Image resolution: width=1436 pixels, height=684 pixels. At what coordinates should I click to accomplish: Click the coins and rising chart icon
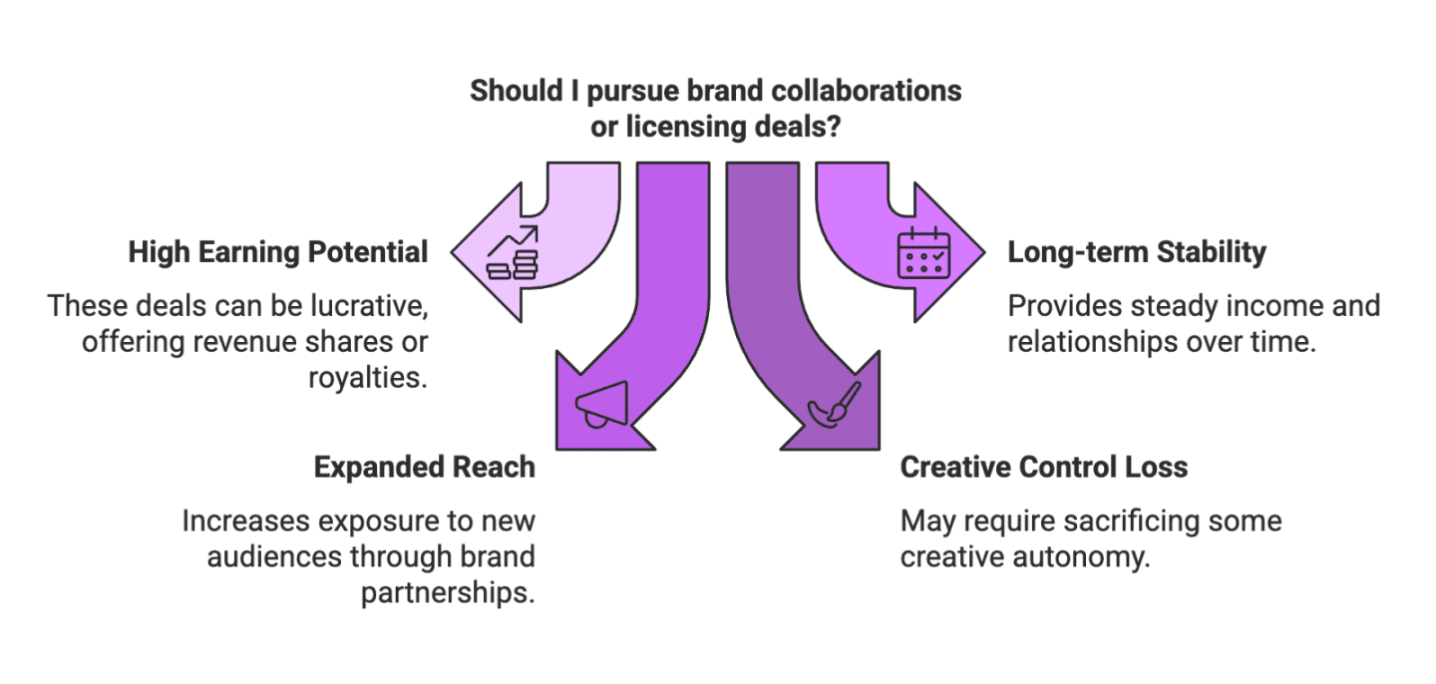coord(513,252)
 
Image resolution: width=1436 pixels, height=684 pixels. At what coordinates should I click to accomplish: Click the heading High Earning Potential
coord(278,253)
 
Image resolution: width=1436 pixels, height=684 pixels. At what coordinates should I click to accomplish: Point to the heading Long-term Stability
coord(1137,253)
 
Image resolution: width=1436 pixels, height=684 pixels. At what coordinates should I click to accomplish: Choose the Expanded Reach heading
coord(425,467)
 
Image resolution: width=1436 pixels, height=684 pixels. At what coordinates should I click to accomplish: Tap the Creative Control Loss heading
coord(1044,467)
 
